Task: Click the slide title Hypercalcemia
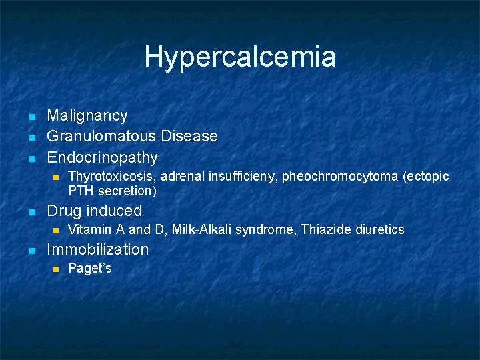point(240,57)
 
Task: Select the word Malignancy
point(87,116)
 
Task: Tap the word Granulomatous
point(101,137)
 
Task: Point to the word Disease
point(189,137)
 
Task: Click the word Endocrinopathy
point(102,158)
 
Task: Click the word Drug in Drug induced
point(63,211)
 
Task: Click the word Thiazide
point(323,230)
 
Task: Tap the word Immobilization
point(97,250)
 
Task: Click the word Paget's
point(90,269)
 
